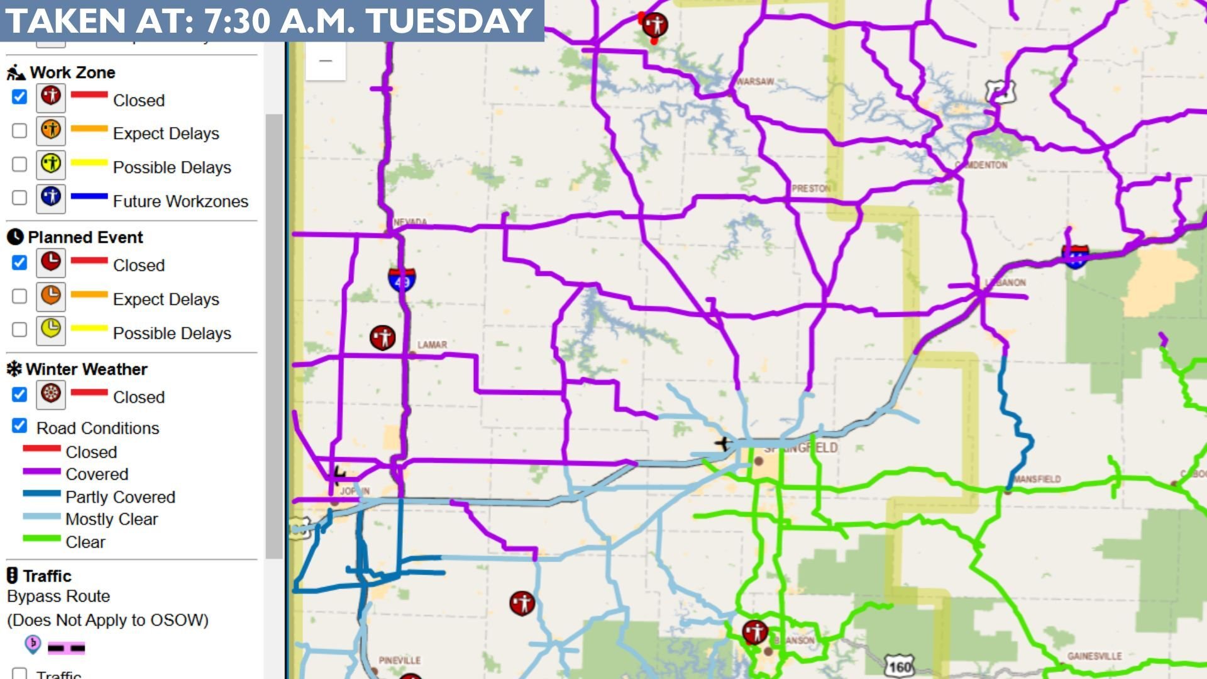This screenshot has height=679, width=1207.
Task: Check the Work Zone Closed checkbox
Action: [x=19, y=97]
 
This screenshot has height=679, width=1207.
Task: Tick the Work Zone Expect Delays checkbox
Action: [x=19, y=131]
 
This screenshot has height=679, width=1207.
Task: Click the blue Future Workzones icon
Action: [x=51, y=197]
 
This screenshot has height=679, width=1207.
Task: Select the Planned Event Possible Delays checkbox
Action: [x=19, y=329]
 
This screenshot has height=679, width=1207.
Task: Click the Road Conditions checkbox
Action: [x=19, y=426]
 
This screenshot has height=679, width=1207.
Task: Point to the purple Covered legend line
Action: [x=41, y=471]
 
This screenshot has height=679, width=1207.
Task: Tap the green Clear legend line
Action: [x=41, y=539]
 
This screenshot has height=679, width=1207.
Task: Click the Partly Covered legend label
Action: [x=120, y=497]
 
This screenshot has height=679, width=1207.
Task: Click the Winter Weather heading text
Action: [x=87, y=369]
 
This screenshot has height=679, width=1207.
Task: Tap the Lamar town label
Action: [x=433, y=345]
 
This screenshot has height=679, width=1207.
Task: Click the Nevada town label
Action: [x=410, y=222]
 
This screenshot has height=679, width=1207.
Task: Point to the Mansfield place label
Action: [x=1037, y=479]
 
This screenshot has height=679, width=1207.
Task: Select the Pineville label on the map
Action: [x=400, y=660]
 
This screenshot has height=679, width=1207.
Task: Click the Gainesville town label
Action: [x=1094, y=656]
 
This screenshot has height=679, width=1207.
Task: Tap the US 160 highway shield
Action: [x=900, y=666]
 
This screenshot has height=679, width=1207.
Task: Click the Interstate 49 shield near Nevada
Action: [x=401, y=279]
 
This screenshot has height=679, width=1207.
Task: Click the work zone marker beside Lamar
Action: [x=382, y=338]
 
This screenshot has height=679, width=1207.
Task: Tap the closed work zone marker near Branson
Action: [x=755, y=632]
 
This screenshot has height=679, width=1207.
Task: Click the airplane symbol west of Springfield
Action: [x=722, y=443]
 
